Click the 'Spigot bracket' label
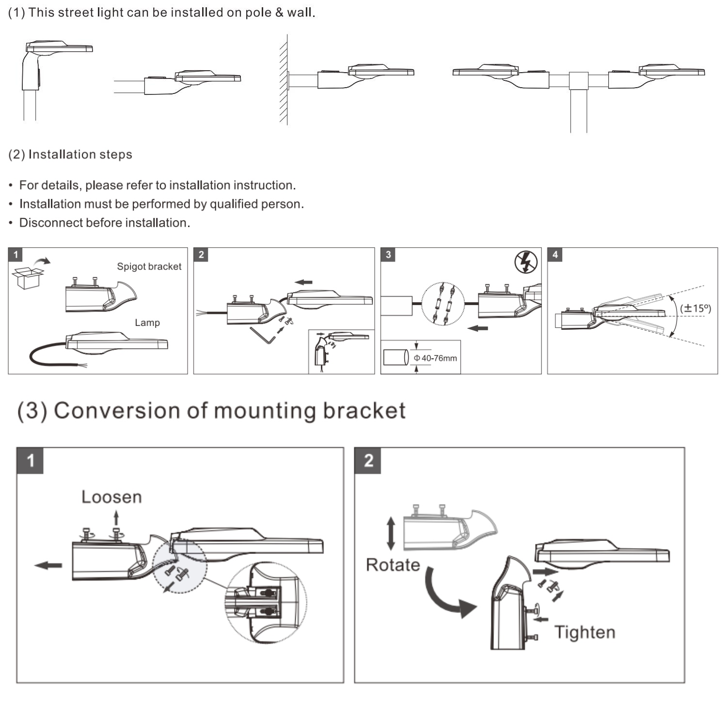149,267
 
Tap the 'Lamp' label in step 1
147,323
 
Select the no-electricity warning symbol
526,262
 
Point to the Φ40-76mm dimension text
435,358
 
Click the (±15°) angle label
695,308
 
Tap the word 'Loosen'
111,497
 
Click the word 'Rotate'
393,565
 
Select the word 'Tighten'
585,632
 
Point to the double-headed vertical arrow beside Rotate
391,533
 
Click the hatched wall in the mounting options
284,80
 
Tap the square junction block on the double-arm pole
578,80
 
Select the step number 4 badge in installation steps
555,255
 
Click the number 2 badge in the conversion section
368,461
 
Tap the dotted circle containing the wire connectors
443,304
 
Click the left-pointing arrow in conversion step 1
48,565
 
